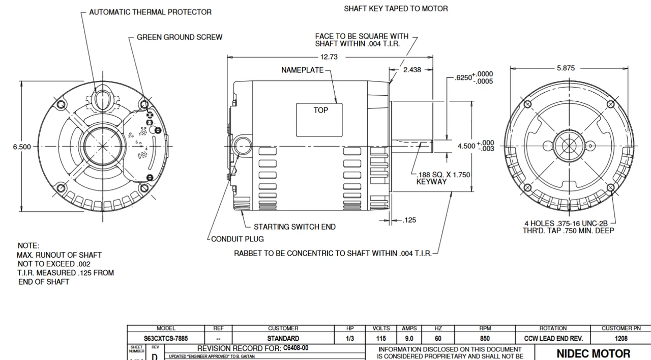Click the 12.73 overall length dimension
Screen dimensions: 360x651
(329, 57)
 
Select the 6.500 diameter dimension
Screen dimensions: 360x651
(22, 147)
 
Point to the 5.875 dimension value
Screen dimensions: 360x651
(566, 68)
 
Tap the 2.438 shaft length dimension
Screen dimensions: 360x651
(412, 70)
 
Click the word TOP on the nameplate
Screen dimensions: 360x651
(320, 110)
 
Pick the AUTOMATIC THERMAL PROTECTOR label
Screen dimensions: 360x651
(150, 12)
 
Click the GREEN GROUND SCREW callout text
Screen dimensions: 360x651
(179, 37)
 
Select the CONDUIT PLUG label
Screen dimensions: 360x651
(238, 239)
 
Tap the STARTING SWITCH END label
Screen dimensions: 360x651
(294, 227)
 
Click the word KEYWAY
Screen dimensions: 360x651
(431, 181)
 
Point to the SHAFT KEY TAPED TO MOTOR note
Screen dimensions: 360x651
(396, 9)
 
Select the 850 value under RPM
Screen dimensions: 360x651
(485, 338)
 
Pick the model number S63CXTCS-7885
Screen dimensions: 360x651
(166, 338)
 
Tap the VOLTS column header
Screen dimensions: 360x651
(381, 328)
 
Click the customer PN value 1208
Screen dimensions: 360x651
(620, 338)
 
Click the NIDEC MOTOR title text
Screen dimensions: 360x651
(593, 353)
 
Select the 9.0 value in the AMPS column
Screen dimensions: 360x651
(409, 338)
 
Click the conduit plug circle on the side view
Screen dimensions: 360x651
(242, 146)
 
